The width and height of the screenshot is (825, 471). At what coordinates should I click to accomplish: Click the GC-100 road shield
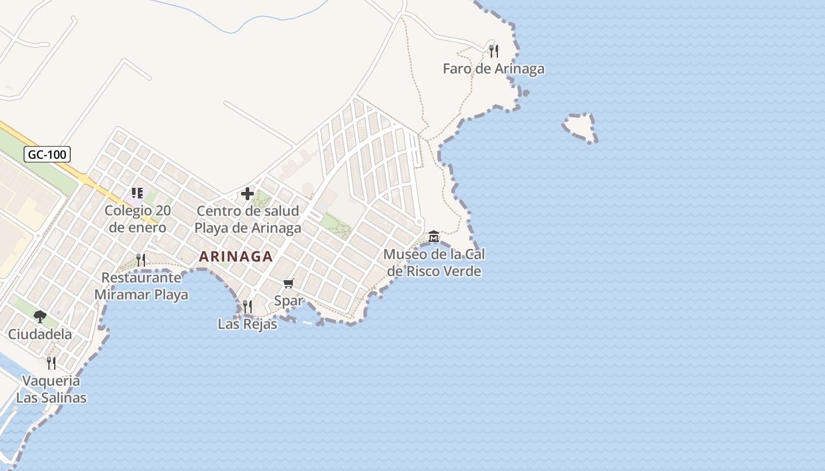point(47,155)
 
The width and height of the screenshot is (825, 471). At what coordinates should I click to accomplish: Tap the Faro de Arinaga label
point(493,69)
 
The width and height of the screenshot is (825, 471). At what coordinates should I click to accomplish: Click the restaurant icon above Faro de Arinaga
point(494,51)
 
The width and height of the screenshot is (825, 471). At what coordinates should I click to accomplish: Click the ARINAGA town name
point(236,257)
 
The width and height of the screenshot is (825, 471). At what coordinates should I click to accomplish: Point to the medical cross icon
point(247,194)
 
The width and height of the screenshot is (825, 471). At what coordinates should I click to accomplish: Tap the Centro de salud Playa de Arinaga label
point(247,219)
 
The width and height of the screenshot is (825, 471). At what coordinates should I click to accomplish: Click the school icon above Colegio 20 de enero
point(137,193)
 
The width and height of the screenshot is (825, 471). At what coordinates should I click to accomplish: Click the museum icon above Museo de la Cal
point(434,237)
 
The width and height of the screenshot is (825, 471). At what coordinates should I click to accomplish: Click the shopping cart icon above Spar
point(289,284)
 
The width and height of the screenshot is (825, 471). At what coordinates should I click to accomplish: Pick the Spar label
point(289,301)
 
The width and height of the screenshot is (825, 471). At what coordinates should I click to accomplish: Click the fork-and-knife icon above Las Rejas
point(247,306)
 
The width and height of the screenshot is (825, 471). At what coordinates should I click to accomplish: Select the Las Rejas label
point(247,324)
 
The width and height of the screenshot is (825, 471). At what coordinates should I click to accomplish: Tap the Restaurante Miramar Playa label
point(141,286)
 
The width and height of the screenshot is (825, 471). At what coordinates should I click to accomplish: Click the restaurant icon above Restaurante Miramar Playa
point(141,260)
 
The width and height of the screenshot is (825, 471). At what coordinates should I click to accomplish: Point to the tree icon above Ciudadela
point(40,317)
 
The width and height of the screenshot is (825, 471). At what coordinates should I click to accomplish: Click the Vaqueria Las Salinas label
point(51,389)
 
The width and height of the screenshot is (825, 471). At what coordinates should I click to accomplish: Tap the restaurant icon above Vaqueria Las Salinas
point(51,363)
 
